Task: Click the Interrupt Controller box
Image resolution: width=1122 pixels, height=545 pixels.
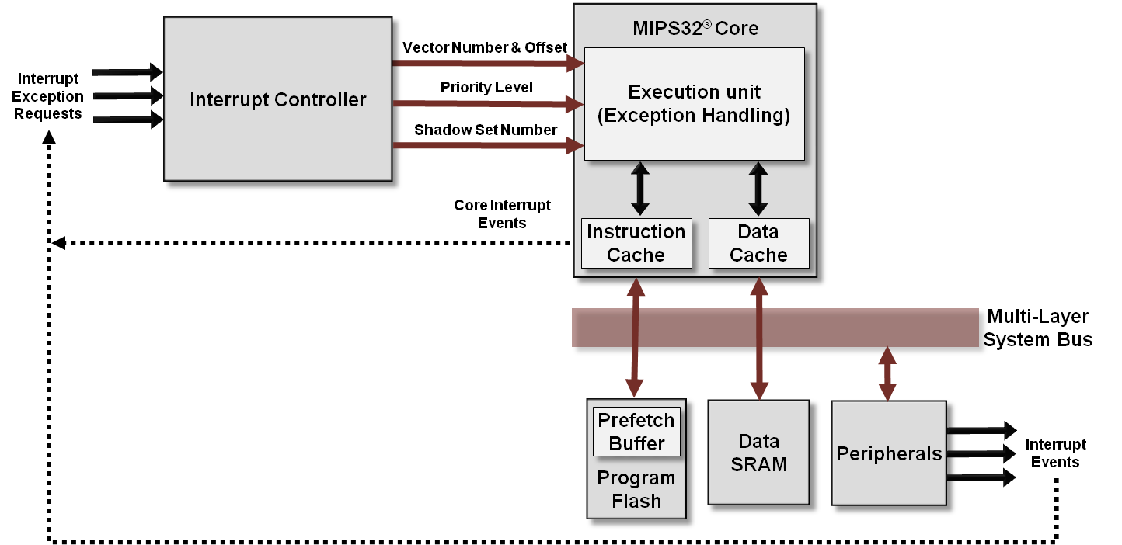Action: (277, 100)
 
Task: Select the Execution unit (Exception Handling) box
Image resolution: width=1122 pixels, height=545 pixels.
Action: (694, 104)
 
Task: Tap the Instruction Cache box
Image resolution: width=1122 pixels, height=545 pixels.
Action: (636, 243)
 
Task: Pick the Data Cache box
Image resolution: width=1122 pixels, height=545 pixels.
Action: (758, 243)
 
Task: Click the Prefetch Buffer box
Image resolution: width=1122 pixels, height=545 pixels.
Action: (636, 432)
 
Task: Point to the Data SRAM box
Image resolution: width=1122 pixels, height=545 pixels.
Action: (758, 453)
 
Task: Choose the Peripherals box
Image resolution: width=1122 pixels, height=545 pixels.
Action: (888, 454)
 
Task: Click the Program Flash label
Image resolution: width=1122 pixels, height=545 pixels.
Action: (636, 489)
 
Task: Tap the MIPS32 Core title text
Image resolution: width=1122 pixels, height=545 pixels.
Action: (695, 29)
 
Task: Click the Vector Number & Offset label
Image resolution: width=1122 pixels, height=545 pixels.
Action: (485, 48)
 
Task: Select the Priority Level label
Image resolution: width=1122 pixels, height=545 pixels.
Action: (486, 87)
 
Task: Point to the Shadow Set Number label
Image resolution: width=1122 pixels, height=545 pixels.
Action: (485, 130)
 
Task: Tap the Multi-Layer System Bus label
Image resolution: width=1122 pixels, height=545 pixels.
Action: (1038, 328)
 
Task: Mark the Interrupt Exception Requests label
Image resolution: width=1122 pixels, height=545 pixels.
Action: (47, 96)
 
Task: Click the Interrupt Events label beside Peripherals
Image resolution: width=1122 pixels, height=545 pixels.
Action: (1055, 453)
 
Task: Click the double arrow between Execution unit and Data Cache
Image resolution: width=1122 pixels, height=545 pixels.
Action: (758, 189)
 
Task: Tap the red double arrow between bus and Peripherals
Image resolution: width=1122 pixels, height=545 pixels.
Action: (887, 373)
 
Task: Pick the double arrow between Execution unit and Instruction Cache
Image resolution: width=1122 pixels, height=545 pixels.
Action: (639, 189)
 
